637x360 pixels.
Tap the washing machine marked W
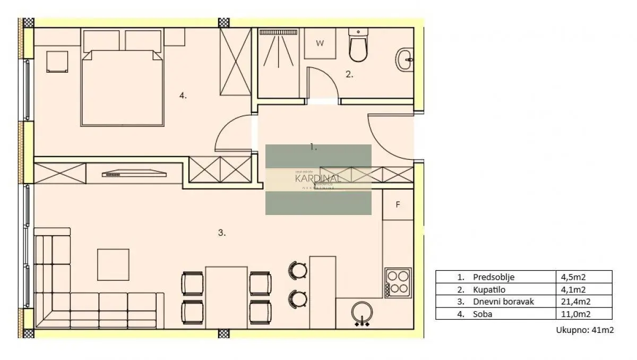(320, 44)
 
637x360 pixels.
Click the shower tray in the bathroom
(279, 63)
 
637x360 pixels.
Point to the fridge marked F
(398, 204)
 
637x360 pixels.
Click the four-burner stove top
(398, 282)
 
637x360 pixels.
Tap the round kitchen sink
(362, 313)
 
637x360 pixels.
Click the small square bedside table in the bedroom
(57, 61)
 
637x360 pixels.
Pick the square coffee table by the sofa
(113, 264)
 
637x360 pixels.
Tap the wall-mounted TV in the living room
(134, 173)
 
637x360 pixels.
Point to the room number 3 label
(222, 233)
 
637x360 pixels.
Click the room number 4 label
(183, 96)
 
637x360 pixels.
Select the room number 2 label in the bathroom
(349, 75)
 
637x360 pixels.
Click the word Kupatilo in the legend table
(487, 289)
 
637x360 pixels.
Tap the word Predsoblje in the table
(493, 277)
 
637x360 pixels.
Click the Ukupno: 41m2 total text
(584, 330)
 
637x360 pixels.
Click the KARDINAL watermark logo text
(318, 178)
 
